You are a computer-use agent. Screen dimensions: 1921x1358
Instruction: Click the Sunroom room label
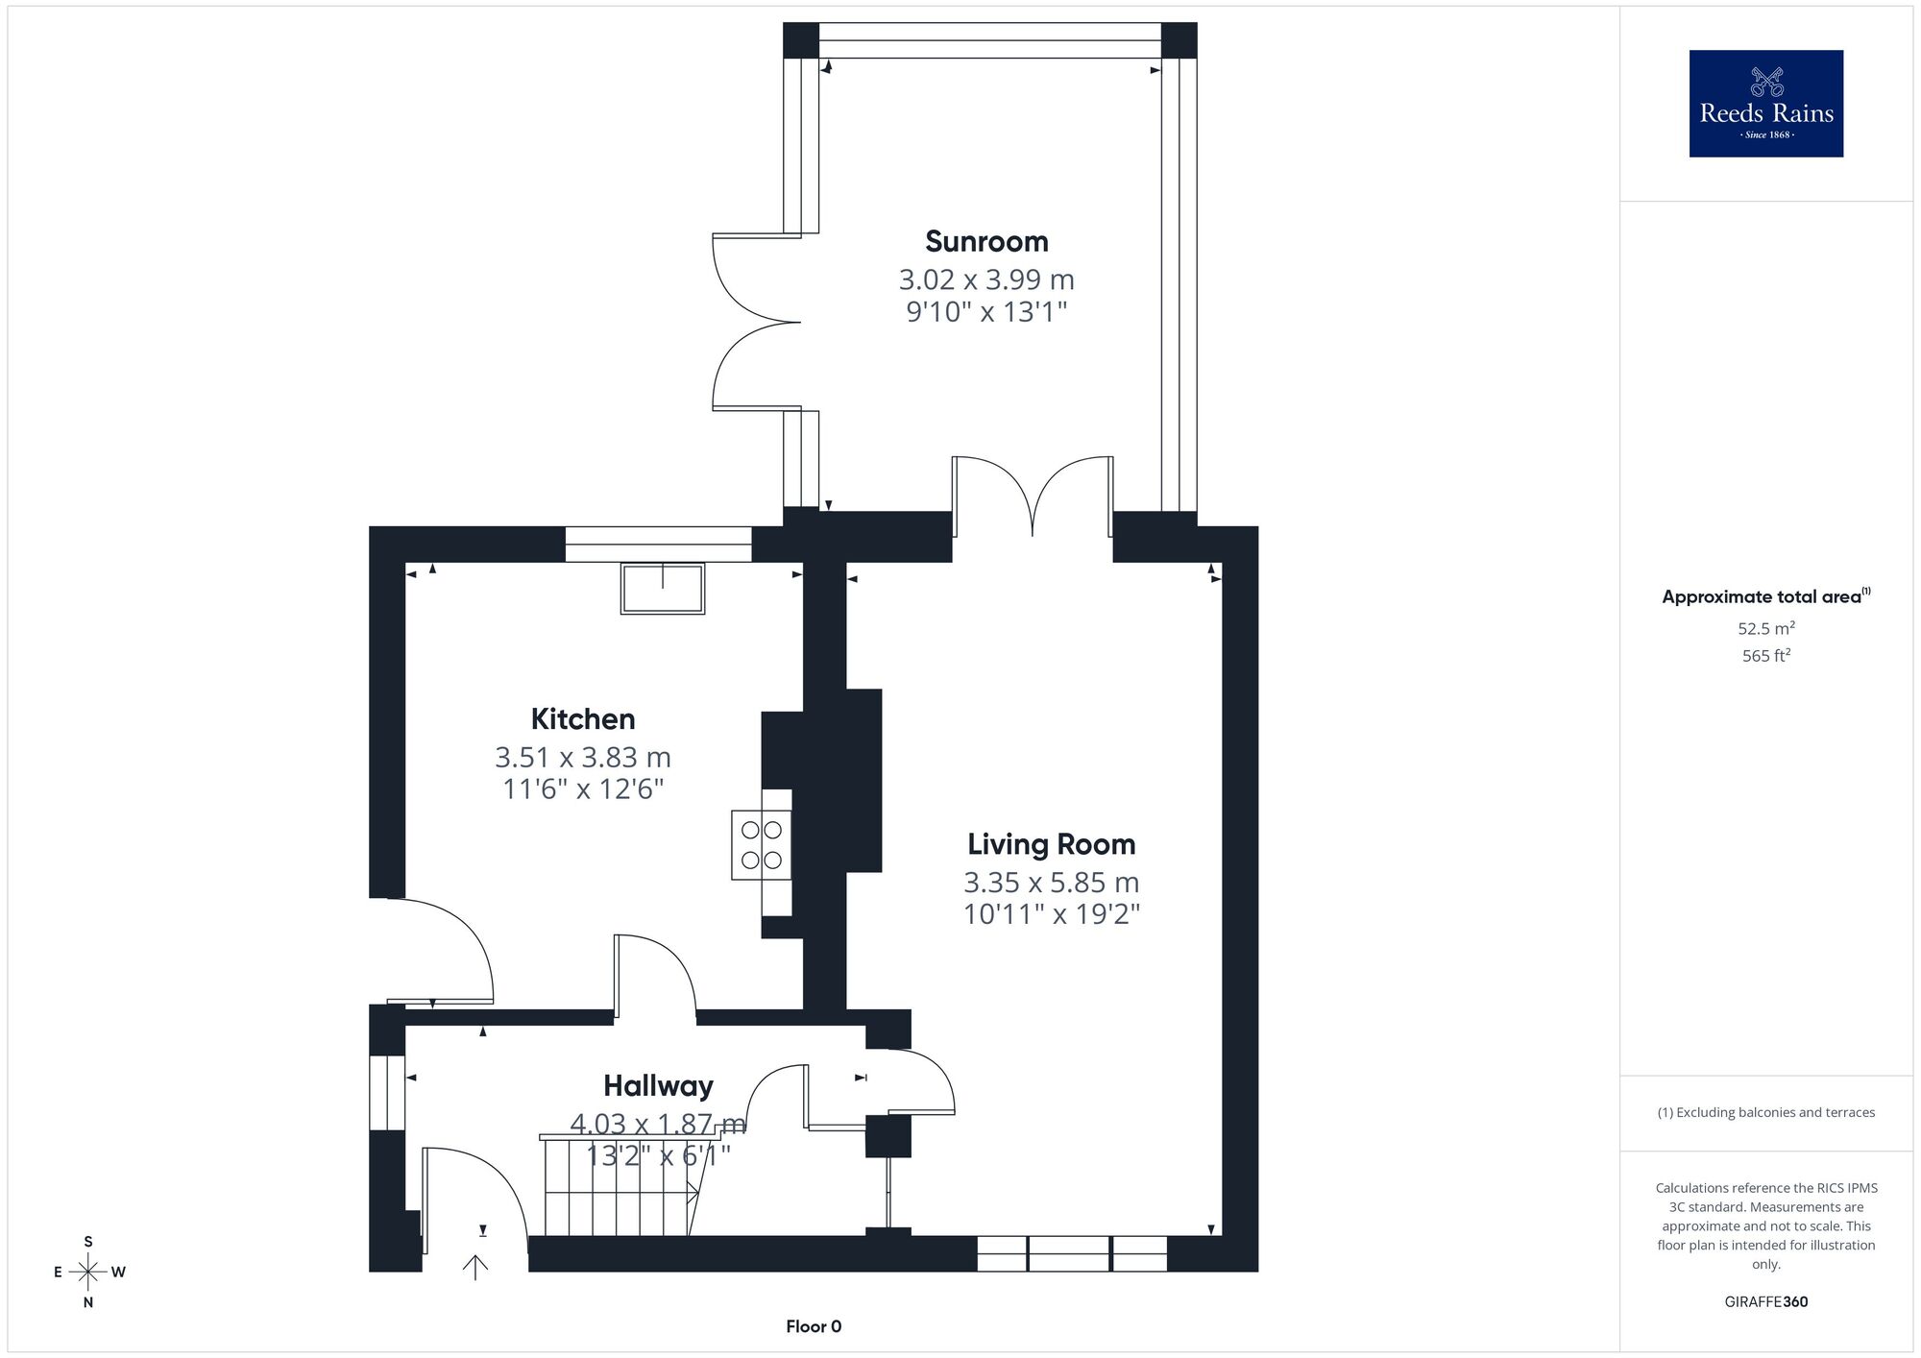(986, 241)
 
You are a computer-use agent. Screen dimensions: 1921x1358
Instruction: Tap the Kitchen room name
(583, 719)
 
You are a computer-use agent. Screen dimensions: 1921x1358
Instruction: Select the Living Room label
(1052, 844)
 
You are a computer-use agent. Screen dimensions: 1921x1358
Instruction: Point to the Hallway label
(658, 1086)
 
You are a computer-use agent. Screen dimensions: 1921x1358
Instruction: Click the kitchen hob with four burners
(762, 845)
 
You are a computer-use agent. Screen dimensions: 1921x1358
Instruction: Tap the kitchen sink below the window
(663, 588)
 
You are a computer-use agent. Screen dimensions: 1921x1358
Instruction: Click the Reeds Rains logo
(1766, 104)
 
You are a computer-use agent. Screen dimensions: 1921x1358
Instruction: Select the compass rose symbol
(88, 1273)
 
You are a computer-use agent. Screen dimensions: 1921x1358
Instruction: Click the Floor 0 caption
(814, 1326)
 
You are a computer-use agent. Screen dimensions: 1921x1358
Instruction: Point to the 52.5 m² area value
(1766, 629)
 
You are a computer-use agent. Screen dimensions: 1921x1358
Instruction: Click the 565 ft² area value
(1766, 656)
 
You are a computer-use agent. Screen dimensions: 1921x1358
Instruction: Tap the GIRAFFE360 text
(1766, 1302)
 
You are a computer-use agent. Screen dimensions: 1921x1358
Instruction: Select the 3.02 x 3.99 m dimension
(986, 279)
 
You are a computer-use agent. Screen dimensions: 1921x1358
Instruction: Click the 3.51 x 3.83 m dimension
(583, 758)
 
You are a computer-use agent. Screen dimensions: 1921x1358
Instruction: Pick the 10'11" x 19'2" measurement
(1052, 913)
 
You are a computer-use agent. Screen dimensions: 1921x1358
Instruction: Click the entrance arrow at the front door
(475, 1268)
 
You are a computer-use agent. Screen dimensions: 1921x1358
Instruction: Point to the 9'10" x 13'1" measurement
(986, 312)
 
